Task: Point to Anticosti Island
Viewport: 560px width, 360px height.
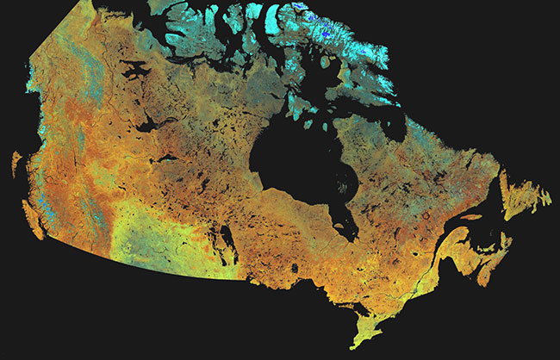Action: point(470,217)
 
